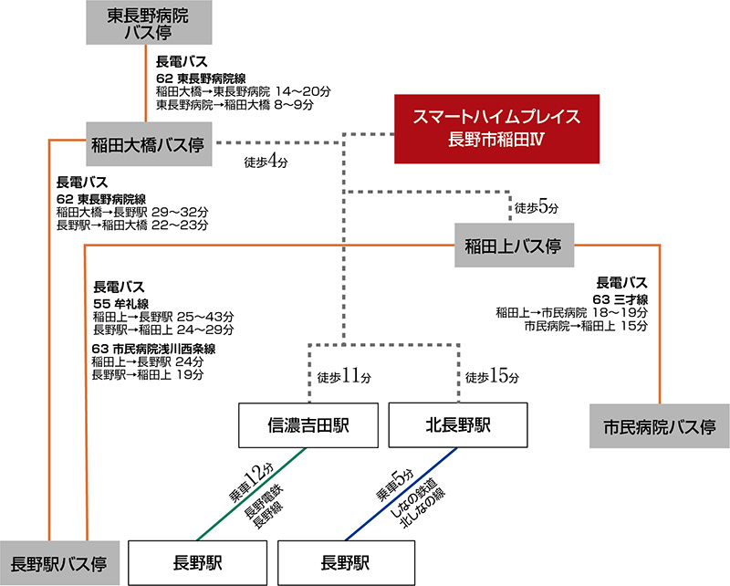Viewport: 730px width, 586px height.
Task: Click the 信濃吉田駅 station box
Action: click(308, 424)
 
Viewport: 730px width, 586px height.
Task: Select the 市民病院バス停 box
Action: click(658, 426)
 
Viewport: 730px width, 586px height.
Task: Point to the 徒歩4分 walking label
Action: click(266, 165)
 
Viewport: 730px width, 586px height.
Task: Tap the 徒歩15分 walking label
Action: click(491, 376)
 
